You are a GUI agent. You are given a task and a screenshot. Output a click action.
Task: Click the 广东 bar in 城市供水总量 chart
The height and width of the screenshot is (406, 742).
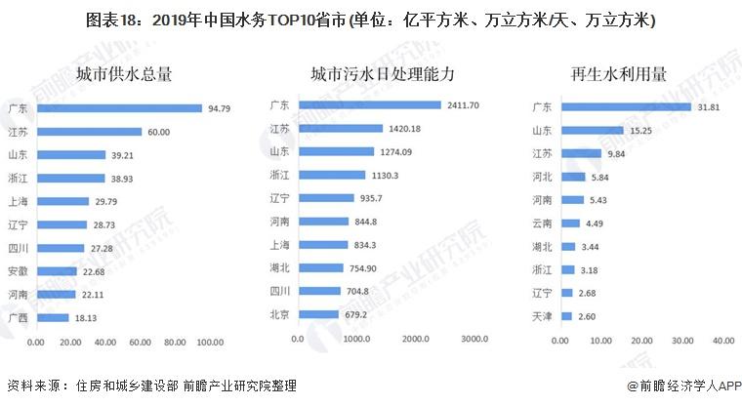(x=118, y=107)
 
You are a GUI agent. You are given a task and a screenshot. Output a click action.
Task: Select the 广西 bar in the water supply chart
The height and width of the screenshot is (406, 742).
(x=52, y=317)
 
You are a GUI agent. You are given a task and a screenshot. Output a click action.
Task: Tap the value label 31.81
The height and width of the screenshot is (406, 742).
(x=707, y=106)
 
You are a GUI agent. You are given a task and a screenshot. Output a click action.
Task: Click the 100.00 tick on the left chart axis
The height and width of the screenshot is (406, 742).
(x=209, y=343)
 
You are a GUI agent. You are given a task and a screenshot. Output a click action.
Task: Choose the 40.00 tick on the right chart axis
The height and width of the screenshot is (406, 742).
(x=721, y=340)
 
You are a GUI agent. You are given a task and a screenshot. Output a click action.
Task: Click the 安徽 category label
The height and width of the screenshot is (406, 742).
(x=17, y=270)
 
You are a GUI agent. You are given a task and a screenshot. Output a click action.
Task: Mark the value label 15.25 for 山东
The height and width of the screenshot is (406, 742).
(x=639, y=130)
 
